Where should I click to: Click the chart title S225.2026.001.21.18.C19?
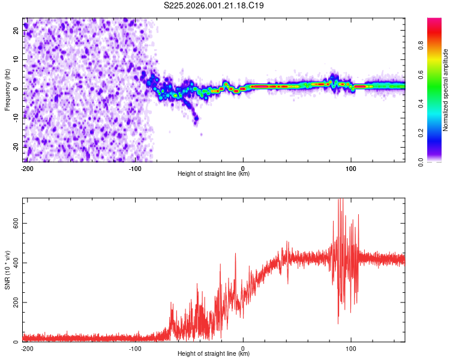coord(214,5)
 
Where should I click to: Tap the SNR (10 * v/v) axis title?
coord(7,269)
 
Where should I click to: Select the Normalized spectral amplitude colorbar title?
coord(446,90)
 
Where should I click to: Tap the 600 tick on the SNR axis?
coord(14,223)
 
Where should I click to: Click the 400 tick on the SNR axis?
coord(14,262)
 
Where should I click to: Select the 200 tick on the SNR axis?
coord(14,302)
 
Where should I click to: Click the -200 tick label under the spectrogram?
coord(26,168)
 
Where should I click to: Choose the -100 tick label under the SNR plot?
coord(134,348)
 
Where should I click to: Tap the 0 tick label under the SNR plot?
coord(243,348)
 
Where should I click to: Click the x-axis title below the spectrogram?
coord(214,174)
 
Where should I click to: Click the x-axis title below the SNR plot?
coord(214,354)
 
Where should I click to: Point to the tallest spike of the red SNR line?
coord(339,200)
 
